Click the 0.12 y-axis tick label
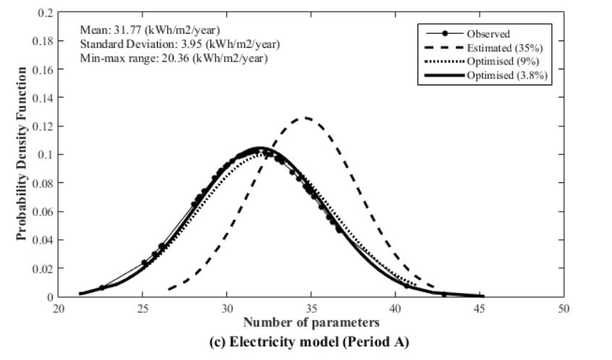coord(43,127)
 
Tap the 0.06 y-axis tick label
coord(43,211)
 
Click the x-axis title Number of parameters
coord(311,320)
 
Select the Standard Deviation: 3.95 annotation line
coord(180,44)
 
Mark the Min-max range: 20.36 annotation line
coord(174,59)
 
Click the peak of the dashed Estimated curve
coord(306,118)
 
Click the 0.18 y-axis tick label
coord(43,41)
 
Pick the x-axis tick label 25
coord(143,307)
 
